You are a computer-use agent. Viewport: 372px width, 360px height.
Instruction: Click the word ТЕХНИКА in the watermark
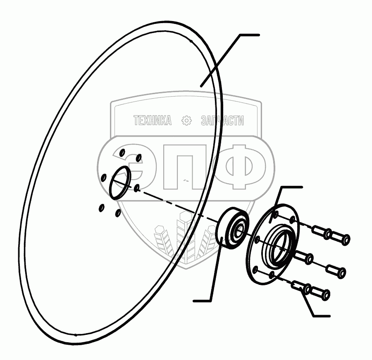[x=152, y=121]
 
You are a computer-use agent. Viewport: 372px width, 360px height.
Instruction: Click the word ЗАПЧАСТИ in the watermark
[x=222, y=121]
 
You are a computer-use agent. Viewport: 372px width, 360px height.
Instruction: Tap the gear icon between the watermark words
[x=187, y=121]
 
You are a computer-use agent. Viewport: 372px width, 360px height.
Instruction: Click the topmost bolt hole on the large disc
[x=122, y=152]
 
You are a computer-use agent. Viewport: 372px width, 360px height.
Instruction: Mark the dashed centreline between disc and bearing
[x=178, y=204]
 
